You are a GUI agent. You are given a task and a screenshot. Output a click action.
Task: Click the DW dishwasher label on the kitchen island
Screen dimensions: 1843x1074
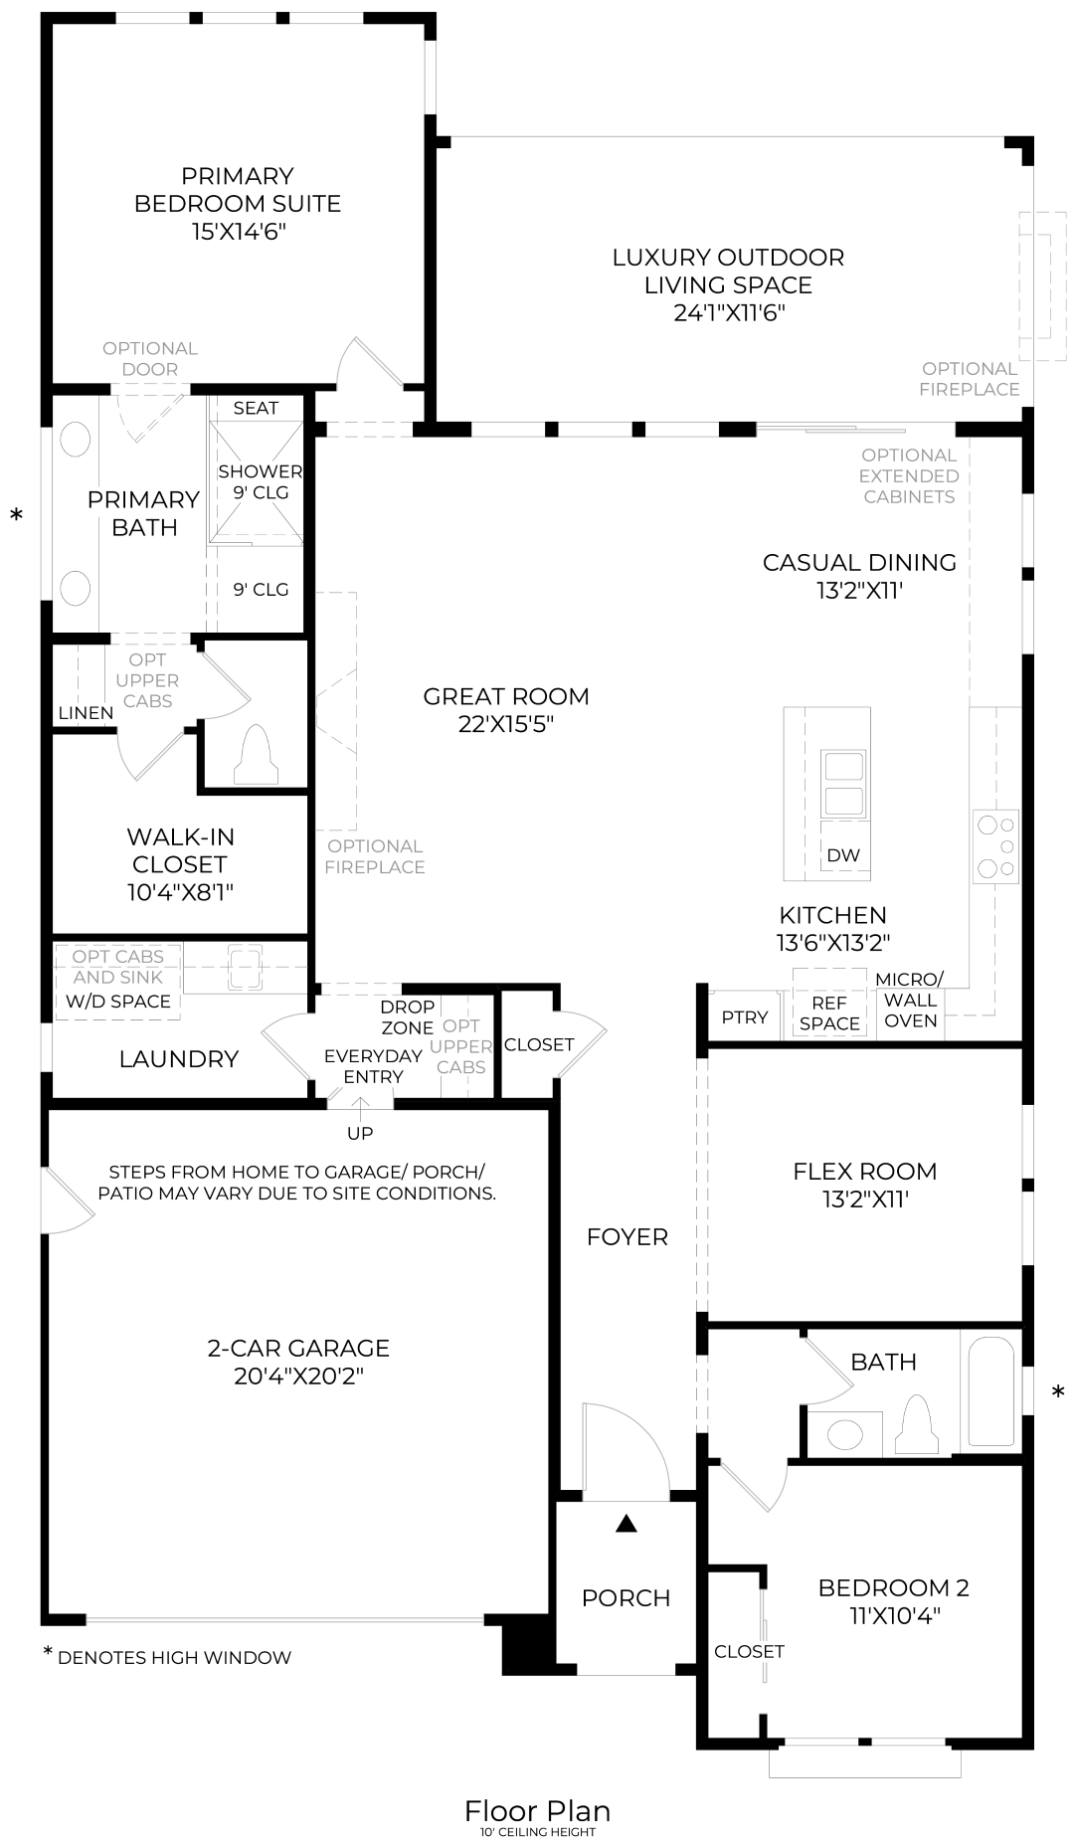pyautogui.click(x=842, y=854)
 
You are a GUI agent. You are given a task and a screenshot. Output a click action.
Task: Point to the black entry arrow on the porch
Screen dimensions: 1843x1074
pyautogui.click(x=626, y=1523)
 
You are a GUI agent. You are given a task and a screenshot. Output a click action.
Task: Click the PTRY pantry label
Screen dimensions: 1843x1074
pyautogui.click(x=744, y=1016)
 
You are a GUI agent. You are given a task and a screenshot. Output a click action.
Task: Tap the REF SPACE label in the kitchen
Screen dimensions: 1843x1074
pyautogui.click(x=828, y=1014)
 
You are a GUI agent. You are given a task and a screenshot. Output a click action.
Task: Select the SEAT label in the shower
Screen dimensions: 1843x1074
pyautogui.click(x=256, y=408)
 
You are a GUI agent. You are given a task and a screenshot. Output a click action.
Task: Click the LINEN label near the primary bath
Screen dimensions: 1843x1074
pyautogui.click(x=86, y=712)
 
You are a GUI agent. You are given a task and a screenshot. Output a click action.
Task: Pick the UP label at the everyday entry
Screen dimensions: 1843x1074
pyautogui.click(x=360, y=1133)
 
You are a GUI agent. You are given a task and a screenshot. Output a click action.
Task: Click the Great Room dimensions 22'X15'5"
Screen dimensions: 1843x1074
pyautogui.click(x=505, y=724)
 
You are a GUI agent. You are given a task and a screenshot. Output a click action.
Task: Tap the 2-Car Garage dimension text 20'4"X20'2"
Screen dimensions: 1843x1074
pyautogui.click(x=298, y=1377)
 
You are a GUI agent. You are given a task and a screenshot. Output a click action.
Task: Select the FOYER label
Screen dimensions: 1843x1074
pyautogui.click(x=626, y=1236)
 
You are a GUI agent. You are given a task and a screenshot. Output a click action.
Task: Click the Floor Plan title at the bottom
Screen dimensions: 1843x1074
pyautogui.click(x=537, y=1810)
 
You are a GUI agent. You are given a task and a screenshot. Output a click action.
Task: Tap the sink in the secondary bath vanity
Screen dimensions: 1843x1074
pyautogui.click(x=845, y=1433)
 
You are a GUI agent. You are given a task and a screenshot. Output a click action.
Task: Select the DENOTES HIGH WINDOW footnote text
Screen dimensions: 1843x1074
pyautogui.click(x=174, y=1657)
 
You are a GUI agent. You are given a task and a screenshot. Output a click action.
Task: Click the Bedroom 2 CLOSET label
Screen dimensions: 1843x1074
pyautogui.click(x=749, y=1651)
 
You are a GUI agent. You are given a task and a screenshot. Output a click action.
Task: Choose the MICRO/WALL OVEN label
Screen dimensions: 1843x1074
pyautogui.click(x=910, y=1000)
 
